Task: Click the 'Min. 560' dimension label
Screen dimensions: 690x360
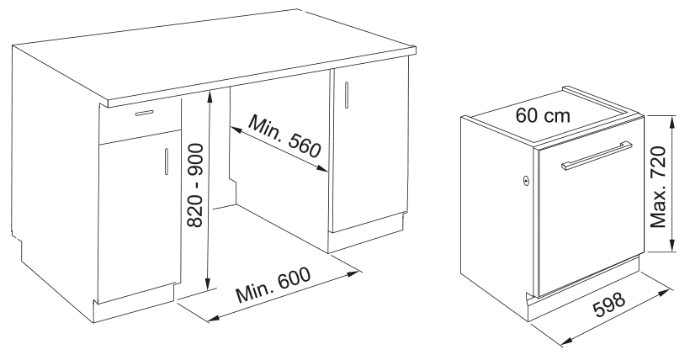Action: (284, 135)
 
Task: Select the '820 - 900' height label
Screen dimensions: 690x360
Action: (195, 185)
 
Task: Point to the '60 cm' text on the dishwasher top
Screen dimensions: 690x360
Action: (543, 115)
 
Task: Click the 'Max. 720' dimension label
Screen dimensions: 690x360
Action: (658, 187)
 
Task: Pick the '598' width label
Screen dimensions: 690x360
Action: (609, 304)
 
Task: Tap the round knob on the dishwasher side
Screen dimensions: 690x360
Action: (526, 180)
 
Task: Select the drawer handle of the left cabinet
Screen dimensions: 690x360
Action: (145, 113)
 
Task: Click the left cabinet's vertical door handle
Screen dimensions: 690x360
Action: (167, 161)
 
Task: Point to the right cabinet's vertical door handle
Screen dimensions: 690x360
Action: (347, 94)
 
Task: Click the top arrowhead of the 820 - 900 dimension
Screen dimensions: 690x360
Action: (209, 93)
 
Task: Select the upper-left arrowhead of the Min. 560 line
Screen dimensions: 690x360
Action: (232, 130)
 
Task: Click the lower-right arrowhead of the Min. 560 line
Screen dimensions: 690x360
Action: (325, 169)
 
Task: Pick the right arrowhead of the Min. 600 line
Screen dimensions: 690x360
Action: (358, 273)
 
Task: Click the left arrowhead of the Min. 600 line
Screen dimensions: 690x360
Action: (210, 319)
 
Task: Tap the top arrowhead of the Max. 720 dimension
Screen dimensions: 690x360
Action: (672, 119)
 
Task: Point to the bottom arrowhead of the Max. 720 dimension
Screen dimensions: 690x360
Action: (672, 248)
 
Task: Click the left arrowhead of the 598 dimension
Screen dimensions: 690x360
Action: (565, 342)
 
